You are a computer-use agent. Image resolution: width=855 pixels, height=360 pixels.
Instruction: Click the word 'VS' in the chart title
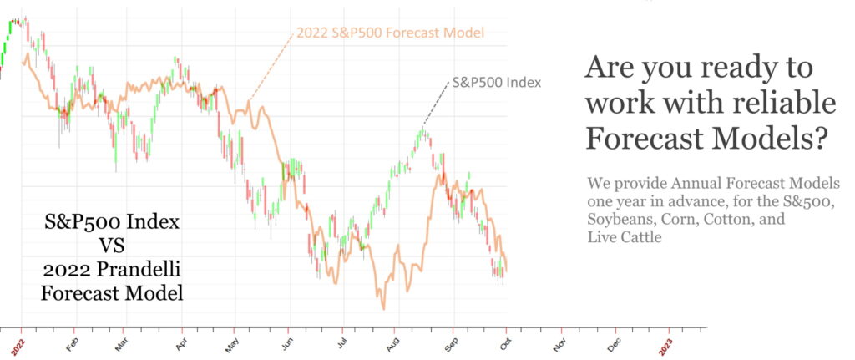pos(112,247)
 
